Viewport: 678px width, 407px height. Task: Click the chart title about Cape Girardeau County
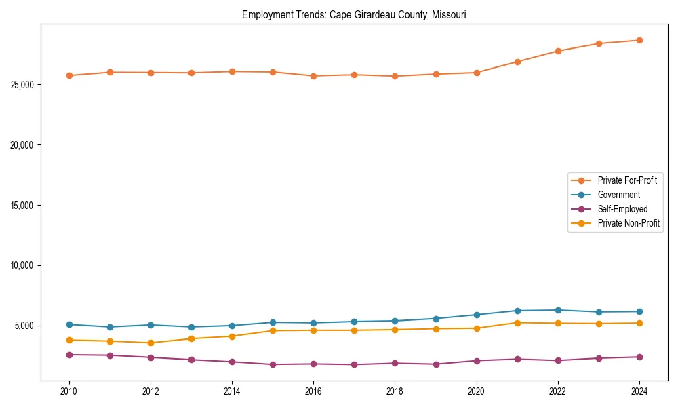354,14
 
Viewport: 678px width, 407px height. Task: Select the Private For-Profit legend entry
627,180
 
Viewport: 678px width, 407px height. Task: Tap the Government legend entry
618,195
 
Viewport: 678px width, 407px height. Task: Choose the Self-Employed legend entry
622,209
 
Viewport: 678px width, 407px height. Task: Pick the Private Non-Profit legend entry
629,223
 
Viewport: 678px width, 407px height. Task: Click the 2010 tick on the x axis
68,391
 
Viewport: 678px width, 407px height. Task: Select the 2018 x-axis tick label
395,391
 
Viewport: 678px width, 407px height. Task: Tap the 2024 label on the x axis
639,391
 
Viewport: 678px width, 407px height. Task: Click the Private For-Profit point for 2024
639,40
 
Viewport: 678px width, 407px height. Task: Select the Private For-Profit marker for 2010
68,75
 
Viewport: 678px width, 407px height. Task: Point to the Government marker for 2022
558,310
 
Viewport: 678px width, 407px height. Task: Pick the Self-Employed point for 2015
273,364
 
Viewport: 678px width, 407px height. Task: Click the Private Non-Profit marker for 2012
151,343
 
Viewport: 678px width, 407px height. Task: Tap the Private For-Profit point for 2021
517,62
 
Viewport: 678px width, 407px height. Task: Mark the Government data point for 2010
68,324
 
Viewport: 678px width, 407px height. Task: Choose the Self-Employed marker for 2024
639,357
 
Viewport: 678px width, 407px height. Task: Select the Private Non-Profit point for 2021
517,322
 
